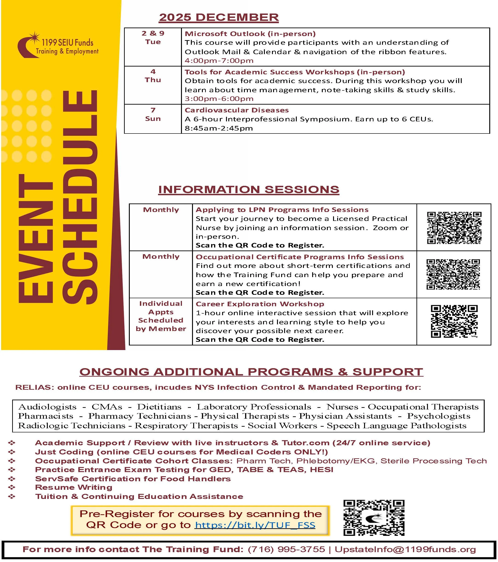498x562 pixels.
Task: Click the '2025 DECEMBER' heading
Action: click(219, 17)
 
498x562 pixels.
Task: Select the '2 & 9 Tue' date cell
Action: click(153, 38)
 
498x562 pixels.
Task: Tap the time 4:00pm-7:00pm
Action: click(219, 61)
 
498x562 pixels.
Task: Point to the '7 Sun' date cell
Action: click(153, 114)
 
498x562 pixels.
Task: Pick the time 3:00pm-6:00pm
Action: click(219, 99)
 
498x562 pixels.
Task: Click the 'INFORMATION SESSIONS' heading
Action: click(249, 190)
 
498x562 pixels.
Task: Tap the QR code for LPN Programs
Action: click(454, 228)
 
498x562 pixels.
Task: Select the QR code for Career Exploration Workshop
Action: click(454, 321)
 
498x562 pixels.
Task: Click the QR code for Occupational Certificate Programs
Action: click(453, 274)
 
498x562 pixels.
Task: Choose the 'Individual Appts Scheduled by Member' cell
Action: click(161, 316)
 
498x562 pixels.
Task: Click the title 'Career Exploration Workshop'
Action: click(260, 304)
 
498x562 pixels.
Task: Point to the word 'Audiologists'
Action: click(47, 407)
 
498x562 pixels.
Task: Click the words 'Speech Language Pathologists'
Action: click(396, 426)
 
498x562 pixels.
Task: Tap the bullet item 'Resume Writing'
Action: click(74, 487)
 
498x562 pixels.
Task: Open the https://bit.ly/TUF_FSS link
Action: click(255, 525)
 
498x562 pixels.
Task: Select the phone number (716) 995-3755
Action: click(286, 549)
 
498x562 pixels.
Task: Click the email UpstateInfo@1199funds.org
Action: click(405, 549)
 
